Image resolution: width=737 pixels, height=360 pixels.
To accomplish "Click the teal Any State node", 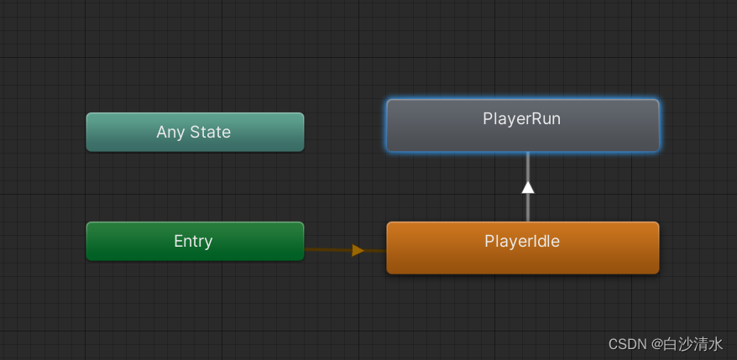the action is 195,132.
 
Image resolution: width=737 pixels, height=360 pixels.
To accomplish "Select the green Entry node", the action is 195,241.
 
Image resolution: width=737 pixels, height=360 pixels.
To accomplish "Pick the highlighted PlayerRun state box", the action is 523,126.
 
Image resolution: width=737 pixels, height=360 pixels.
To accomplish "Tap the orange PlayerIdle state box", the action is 523,248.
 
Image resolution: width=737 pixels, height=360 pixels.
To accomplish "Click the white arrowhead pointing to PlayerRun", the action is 528,187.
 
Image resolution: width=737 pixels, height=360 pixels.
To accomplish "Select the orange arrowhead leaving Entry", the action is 358,250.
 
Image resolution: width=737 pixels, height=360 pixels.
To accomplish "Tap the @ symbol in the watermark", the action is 657,345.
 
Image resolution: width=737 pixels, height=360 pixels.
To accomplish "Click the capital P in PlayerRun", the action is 488,118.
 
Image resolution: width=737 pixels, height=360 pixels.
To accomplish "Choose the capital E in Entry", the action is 179,241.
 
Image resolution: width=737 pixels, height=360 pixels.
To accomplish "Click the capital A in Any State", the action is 162,132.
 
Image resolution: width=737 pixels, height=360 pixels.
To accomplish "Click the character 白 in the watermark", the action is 671,344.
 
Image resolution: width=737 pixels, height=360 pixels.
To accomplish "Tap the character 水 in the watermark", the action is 715,344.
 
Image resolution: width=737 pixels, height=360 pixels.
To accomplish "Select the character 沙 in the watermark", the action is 685,344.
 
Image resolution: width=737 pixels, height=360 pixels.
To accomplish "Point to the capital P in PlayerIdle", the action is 489,241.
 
